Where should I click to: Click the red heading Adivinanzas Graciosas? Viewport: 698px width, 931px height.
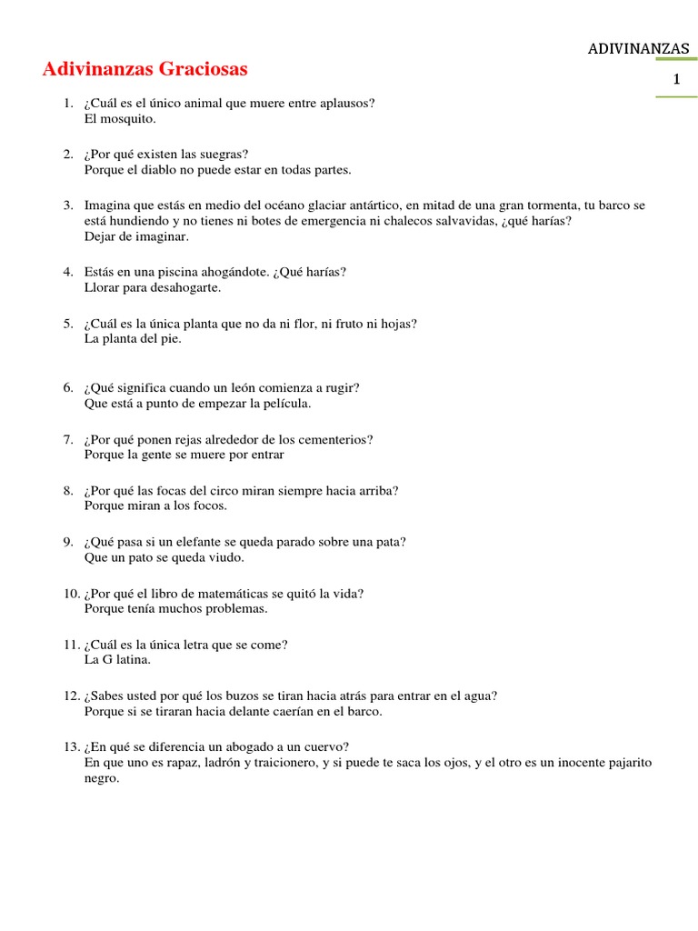[x=145, y=69]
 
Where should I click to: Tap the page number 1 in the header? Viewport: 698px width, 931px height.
[x=676, y=81]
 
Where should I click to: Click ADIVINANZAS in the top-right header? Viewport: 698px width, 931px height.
[x=639, y=47]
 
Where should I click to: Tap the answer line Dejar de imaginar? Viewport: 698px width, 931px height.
[x=136, y=235]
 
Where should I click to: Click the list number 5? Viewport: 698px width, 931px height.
[x=68, y=323]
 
